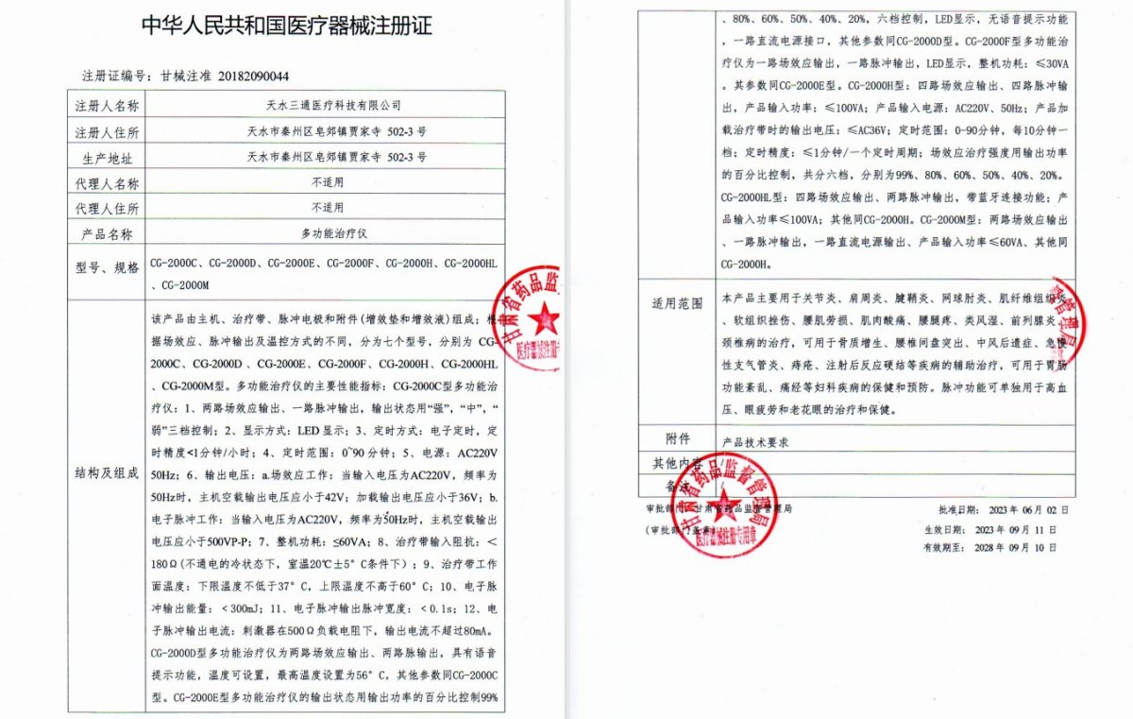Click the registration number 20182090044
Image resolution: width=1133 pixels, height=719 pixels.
[254, 77]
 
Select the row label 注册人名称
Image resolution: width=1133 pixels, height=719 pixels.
[107, 105]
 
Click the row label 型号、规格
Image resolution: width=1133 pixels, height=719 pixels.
[107, 267]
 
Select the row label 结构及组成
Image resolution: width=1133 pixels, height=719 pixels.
[107, 472]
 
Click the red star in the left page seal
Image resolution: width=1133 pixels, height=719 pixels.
[543, 318]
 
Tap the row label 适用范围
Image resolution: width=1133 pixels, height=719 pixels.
[678, 304]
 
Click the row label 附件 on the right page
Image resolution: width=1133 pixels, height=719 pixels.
[678, 439]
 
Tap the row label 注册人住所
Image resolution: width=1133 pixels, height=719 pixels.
[107, 131]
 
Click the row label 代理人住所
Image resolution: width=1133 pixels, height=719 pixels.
[107, 208]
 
